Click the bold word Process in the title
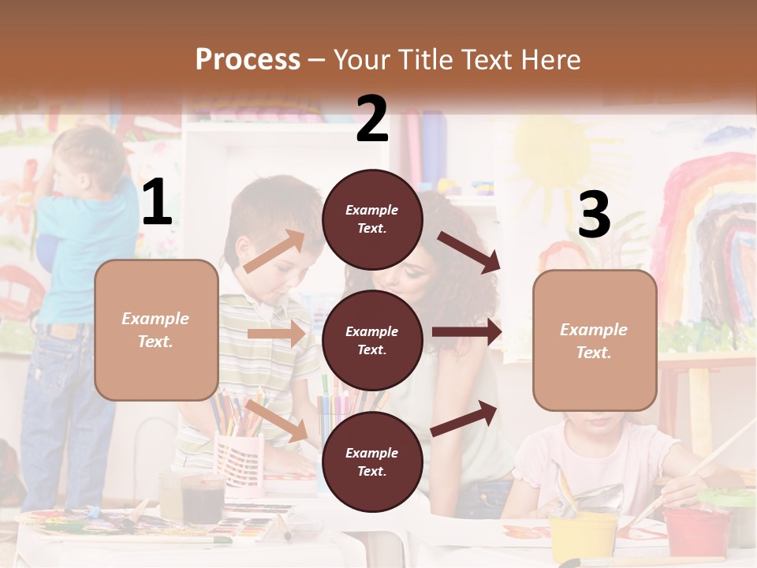click(x=248, y=59)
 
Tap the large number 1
click(x=156, y=203)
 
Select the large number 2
click(x=372, y=119)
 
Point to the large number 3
click(x=594, y=215)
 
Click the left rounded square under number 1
click(x=156, y=330)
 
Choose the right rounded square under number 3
click(x=595, y=340)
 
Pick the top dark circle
click(x=372, y=219)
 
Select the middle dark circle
click(x=372, y=340)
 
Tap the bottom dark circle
click(x=372, y=461)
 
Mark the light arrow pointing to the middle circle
click(x=276, y=334)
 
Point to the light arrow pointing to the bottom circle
click(x=276, y=420)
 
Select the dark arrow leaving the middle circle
click(x=467, y=332)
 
